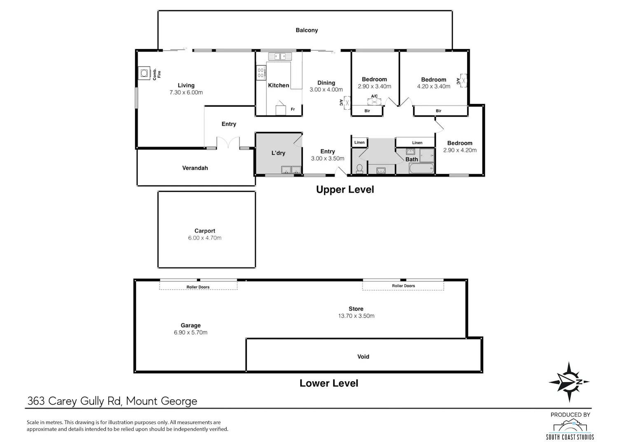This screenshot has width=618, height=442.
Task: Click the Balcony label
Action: coord(307,30)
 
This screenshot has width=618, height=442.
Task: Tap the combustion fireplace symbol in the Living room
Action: coord(144,73)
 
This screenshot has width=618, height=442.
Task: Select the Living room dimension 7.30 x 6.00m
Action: coord(186,92)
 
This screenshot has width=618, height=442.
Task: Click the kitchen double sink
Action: coord(280,56)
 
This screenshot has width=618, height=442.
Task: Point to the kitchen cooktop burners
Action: coord(261,73)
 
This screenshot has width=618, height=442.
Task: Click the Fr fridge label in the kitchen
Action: coord(293,109)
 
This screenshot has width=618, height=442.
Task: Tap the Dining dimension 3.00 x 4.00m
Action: coord(326,90)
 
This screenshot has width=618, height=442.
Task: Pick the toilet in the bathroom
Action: coord(360,169)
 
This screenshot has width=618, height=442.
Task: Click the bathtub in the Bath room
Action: coord(421,168)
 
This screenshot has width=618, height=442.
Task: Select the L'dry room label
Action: coord(278,153)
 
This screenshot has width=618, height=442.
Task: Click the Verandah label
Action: coord(195,168)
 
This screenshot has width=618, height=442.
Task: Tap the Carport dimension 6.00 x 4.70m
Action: coord(205,238)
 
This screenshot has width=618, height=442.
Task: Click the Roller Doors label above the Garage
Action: coord(198,287)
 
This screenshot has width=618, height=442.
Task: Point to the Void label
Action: coord(363,357)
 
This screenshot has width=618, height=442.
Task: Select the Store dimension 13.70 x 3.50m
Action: coord(356,316)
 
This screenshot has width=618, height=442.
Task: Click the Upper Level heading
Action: coord(345,189)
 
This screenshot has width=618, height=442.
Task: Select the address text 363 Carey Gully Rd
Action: coord(75,401)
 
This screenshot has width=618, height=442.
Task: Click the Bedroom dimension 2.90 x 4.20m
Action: coord(460,150)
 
